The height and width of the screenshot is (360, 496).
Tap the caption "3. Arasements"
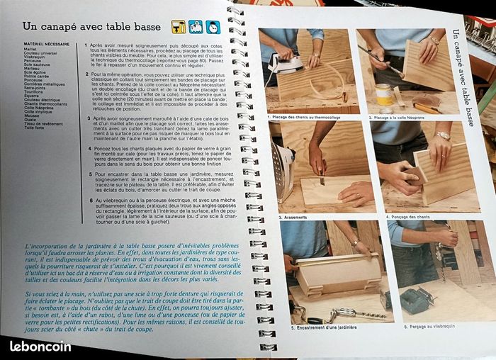pos(293,217)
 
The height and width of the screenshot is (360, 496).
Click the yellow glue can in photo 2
pos(385,94)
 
